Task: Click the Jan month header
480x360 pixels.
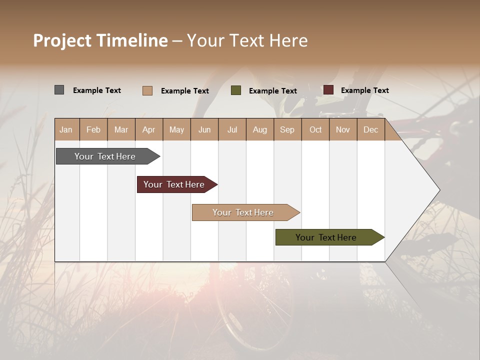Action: tap(66, 129)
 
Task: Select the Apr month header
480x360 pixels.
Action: tap(148, 129)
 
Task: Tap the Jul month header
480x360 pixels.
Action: tap(232, 129)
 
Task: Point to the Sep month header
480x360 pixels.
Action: tap(287, 129)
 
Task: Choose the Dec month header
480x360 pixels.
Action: tap(370, 129)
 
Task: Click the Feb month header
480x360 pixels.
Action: tap(93, 129)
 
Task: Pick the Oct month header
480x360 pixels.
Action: tap(315, 129)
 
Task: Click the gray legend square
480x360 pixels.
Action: tap(59, 90)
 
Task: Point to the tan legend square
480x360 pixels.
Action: tap(147, 90)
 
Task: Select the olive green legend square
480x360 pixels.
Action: tap(236, 90)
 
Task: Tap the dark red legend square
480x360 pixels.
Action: tap(328, 90)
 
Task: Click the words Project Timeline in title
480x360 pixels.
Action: tap(100, 40)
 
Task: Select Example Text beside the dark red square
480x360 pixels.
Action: tap(364, 90)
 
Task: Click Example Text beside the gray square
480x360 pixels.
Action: tap(97, 90)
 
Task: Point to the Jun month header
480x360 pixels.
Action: tap(204, 129)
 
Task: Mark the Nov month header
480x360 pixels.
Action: tap(342, 129)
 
